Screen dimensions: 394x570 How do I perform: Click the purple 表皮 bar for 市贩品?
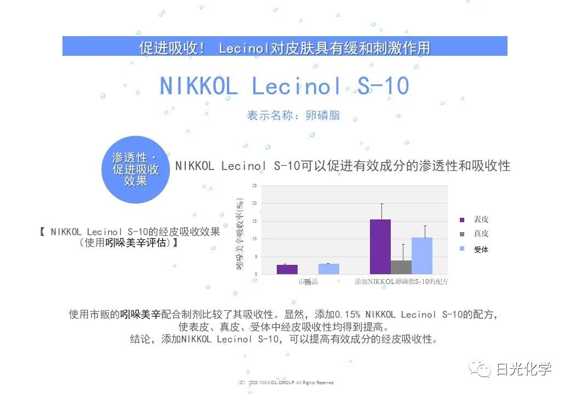click(x=287, y=269)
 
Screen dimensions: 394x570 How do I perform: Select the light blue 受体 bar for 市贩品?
click(x=329, y=269)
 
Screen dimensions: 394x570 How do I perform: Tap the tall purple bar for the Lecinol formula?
click(x=380, y=246)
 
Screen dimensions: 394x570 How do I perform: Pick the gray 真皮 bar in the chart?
click(x=401, y=267)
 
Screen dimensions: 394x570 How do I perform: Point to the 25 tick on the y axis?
click(x=254, y=186)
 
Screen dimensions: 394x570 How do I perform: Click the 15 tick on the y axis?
click(x=254, y=221)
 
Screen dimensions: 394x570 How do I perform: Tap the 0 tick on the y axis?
click(x=255, y=274)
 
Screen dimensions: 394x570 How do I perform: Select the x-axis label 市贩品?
click(x=308, y=282)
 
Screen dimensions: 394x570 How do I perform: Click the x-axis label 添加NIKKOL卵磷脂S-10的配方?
click(x=401, y=282)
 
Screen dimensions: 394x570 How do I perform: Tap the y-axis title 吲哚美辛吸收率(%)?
click(x=240, y=233)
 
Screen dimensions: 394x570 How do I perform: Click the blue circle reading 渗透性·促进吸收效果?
click(x=135, y=170)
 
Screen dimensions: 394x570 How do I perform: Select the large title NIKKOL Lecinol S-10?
click(x=284, y=86)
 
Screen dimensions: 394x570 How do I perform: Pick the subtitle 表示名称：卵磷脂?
click(x=293, y=115)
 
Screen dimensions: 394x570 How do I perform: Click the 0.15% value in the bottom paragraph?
click(x=347, y=315)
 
